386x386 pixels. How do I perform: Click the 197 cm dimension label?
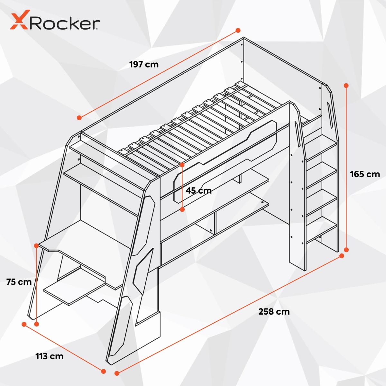(x=144, y=64)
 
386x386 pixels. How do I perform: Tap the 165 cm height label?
(x=365, y=174)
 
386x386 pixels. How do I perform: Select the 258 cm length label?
(x=274, y=311)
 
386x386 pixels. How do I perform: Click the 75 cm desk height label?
(x=19, y=282)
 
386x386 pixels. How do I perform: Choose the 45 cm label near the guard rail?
(x=198, y=191)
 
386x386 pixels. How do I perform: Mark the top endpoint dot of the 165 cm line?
(x=346, y=86)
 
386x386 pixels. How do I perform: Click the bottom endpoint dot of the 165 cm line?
(x=346, y=250)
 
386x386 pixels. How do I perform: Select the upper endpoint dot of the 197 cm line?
(x=238, y=30)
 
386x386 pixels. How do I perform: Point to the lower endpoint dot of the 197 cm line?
(x=79, y=118)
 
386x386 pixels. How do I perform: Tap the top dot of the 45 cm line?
(x=182, y=165)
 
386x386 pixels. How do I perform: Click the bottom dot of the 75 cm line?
(x=36, y=324)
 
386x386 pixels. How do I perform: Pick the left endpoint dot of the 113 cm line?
(x=24, y=324)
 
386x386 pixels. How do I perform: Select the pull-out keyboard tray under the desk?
(x=72, y=291)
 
